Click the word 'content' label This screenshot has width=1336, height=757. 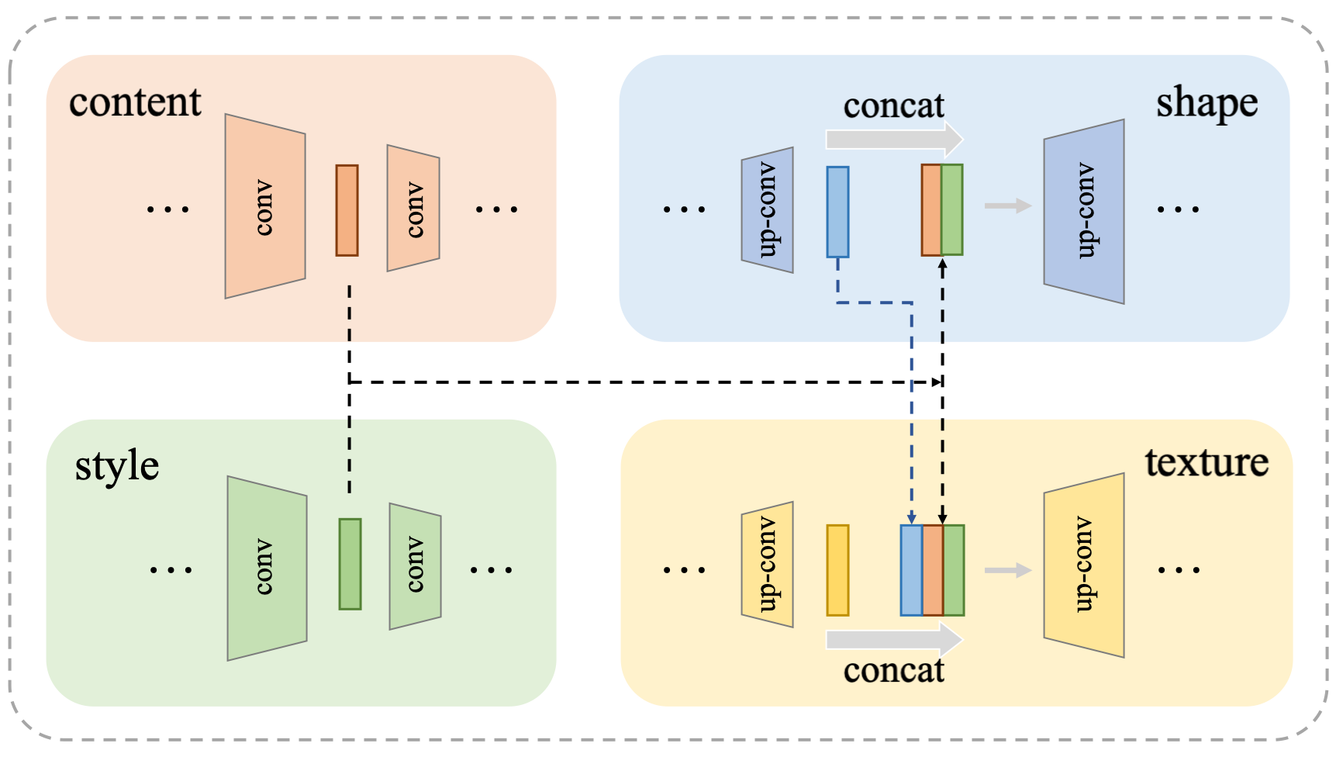tap(135, 102)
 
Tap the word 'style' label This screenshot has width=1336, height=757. tap(116, 466)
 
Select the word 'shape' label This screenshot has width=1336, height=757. tap(1207, 103)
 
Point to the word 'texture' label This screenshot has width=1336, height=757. tap(1207, 463)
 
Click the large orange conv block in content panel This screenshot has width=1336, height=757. tap(264, 206)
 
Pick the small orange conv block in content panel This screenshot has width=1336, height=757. tap(413, 209)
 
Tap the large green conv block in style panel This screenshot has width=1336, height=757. tap(267, 568)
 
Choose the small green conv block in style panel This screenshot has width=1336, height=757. tap(415, 566)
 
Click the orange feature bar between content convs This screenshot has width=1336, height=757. tap(347, 210)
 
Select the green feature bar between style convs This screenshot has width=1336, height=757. tap(350, 564)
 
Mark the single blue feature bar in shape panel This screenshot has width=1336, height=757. tap(837, 212)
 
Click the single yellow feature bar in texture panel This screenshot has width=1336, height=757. tap(837, 570)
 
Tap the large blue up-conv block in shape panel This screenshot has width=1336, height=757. tap(1084, 211)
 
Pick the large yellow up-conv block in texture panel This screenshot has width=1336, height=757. tap(1084, 565)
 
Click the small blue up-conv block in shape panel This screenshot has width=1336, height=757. tap(767, 210)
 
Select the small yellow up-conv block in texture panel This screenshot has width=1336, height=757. tap(767, 565)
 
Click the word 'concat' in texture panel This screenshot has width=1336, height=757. tap(893, 670)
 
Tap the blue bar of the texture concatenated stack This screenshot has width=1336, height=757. tap(911, 570)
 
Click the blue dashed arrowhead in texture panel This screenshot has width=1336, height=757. tap(912, 517)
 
